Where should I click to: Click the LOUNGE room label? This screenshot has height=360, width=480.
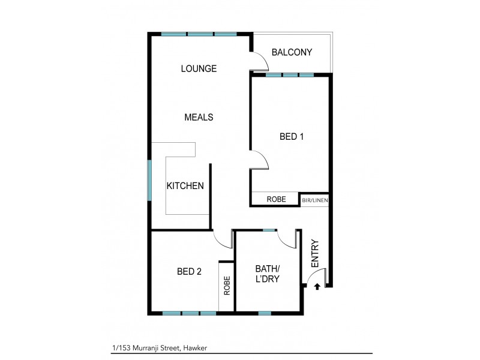[x=199, y=68]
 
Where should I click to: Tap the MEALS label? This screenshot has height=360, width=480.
[x=199, y=117]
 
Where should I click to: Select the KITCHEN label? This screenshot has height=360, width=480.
[x=185, y=186]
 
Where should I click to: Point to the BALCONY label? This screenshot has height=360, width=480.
[x=292, y=52]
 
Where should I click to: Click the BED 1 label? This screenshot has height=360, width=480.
[x=292, y=136]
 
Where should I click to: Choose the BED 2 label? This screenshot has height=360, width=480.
[x=189, y=271]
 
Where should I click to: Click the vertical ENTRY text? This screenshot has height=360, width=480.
[x=316, y=254]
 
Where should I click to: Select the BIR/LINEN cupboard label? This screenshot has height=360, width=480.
[x=314, y=200]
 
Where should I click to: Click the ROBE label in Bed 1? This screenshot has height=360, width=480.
[x=276, y=199]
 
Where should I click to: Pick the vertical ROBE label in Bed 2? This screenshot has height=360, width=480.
[x=227, y=286]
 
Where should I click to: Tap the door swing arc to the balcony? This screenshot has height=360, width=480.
[x=259, y=60]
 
